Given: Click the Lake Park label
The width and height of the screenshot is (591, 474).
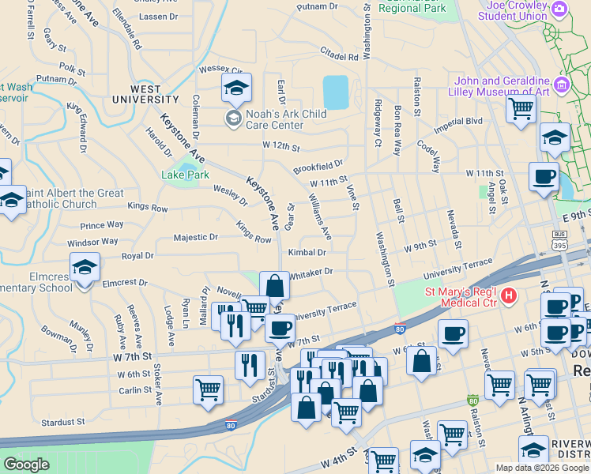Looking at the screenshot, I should click(185, 175).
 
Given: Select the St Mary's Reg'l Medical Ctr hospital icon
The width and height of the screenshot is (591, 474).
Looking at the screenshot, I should click(509, 295).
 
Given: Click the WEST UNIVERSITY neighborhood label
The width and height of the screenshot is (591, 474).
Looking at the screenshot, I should click(145, 95).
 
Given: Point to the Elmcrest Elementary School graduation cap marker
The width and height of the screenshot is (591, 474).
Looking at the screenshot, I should click(85, 267).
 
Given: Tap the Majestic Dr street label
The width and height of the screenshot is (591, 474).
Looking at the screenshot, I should click(195, 237).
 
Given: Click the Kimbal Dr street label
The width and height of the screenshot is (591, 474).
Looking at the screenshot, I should click(307, 252).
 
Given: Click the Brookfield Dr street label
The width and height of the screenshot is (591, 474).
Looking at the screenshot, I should click(318, 167).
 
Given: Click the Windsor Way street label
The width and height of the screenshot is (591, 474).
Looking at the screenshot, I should click(92, 242).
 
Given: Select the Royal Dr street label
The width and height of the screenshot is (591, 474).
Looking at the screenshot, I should click(137, 256).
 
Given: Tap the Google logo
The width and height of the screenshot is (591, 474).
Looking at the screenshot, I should click(26, 465).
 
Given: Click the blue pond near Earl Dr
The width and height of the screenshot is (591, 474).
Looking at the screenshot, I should click(335, 92).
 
